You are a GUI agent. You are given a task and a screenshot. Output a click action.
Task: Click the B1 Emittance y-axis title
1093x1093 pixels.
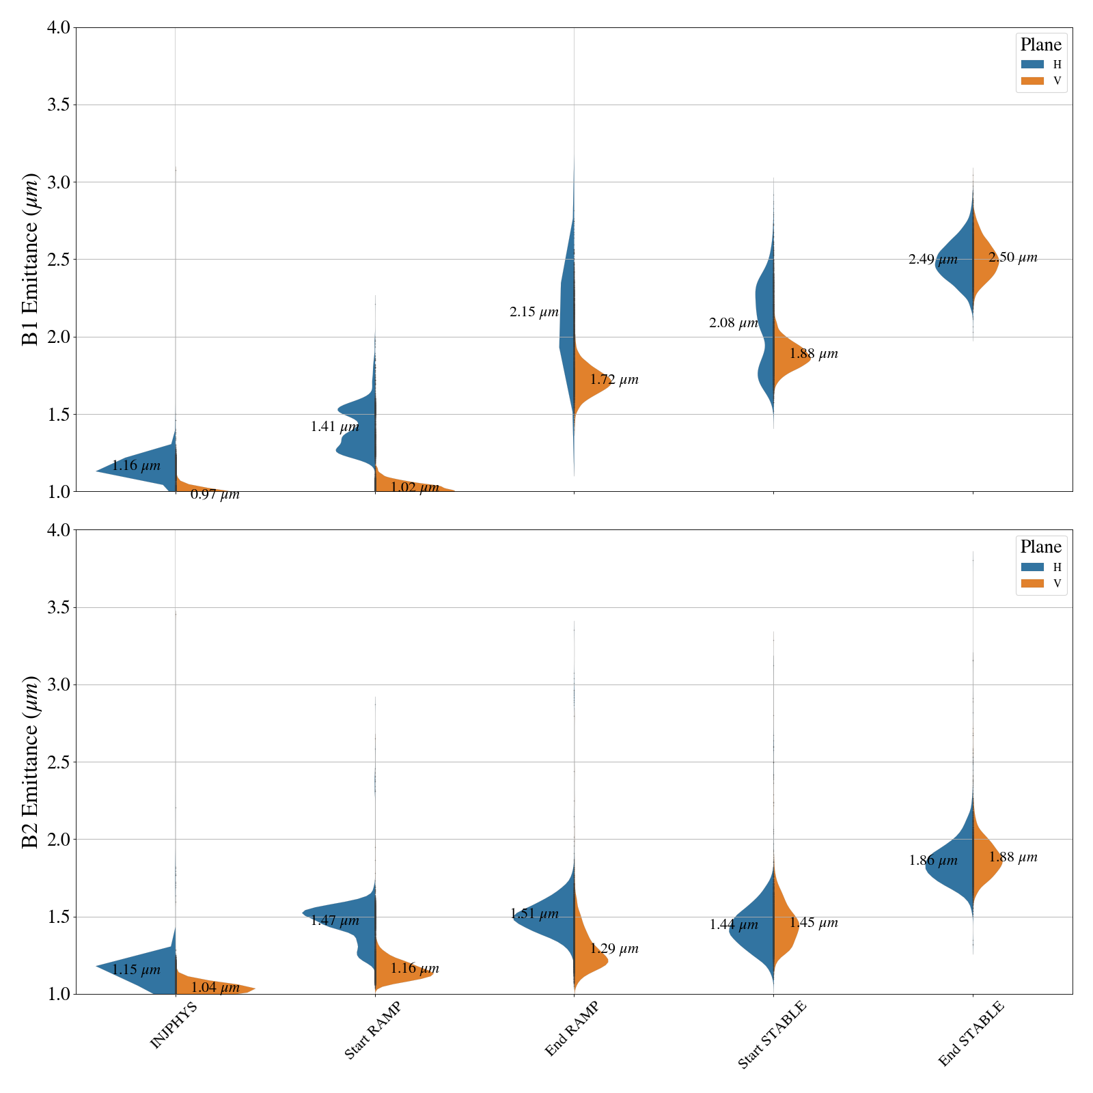click(31, 260)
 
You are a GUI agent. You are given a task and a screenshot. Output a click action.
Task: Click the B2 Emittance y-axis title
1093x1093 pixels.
click(31, 762)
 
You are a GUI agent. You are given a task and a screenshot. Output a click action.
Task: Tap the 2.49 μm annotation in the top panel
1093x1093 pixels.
click(932, 260)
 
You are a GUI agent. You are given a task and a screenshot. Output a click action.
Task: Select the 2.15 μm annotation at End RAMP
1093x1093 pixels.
click(534, 313)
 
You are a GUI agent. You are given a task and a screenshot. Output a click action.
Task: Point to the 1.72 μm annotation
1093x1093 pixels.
click(614, 380)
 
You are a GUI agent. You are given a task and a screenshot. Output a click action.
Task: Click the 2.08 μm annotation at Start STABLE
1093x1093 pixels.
click(734, 323)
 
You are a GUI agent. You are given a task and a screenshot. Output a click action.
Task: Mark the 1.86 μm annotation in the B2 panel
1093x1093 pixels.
click(933, 861)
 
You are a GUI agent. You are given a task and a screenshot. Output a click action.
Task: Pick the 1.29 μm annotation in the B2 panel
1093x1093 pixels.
click(614, 949)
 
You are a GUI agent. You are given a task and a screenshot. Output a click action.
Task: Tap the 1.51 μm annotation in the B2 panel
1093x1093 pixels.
click(534, 914)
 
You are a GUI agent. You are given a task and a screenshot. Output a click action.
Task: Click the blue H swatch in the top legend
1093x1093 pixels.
click(1033, 64)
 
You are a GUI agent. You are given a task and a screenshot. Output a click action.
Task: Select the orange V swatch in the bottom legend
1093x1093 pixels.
click(1033, 583)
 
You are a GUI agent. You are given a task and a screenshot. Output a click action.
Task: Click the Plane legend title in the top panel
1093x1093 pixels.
click(1041, 45)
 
